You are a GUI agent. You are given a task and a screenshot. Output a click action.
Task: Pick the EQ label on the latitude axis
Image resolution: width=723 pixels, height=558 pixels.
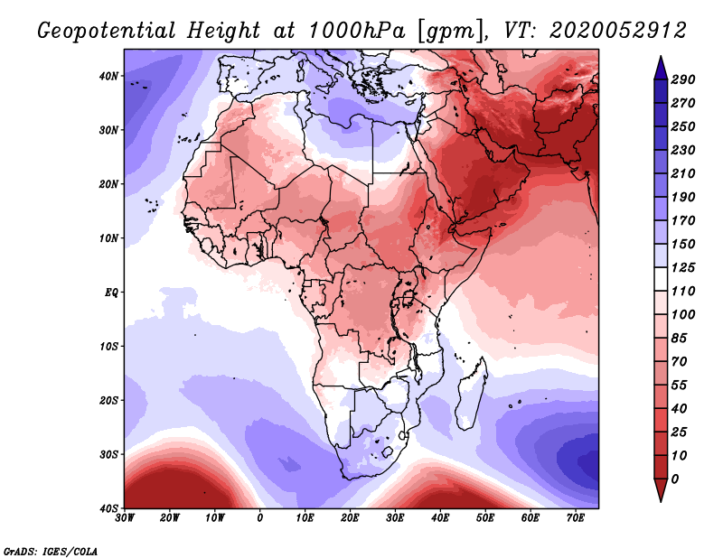[x=109, y=293]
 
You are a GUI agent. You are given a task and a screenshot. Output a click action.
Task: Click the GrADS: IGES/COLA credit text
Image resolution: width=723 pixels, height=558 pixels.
[x=52, y=550]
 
